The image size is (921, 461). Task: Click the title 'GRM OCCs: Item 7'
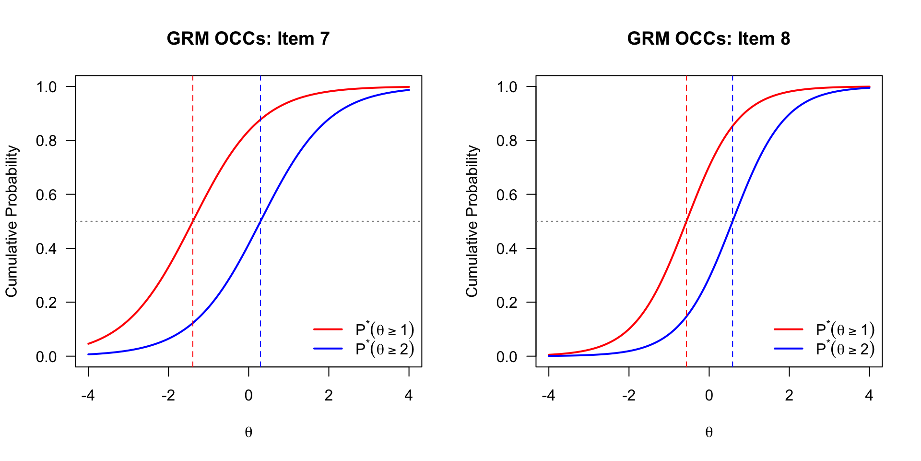248,38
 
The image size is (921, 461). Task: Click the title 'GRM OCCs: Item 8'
708,38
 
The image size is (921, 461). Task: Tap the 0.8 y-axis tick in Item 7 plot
47,141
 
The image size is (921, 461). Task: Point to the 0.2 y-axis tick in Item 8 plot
507,303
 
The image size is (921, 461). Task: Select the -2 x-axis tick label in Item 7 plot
168,395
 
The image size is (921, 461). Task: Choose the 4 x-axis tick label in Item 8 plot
869,395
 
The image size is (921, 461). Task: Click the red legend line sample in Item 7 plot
328,329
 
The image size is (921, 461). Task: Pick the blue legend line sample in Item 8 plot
789,349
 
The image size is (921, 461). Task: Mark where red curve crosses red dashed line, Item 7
193,221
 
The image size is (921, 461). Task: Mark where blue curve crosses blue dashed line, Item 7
260,221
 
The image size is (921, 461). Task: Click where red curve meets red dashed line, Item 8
686,221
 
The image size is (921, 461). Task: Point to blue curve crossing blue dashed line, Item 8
732,221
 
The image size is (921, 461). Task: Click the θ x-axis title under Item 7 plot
248,433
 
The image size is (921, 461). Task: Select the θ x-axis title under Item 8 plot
709,433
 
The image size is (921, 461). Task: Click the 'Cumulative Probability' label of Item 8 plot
472,221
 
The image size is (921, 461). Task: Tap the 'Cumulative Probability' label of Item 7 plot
12,221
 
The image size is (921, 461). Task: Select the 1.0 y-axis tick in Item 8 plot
507,87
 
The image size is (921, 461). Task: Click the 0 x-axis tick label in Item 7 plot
248,395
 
